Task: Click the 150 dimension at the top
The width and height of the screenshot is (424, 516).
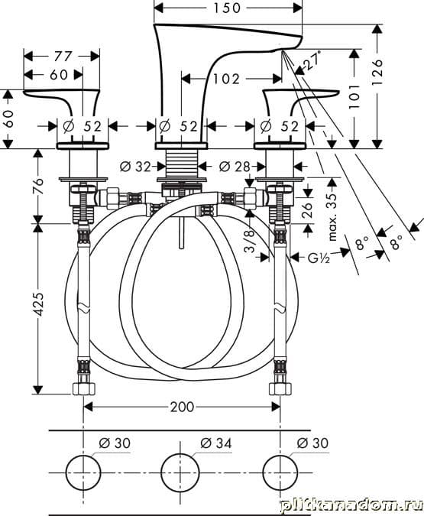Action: pyautogui.click(x=227, y=8)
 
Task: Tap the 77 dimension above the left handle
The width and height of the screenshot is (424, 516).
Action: pyautogui.click(x=63, y=57)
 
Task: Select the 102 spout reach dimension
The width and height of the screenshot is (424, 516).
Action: pyautogui.click(x=226, y=79)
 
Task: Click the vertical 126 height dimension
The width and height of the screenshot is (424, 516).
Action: pyautogui.click(x=377, y=72)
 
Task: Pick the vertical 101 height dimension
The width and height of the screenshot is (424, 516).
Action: pyautogui.click(x=354, y=96)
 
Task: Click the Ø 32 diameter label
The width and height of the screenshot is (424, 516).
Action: pyautogui.click(x=135, y=167)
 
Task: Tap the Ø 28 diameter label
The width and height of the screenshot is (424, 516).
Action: pyautogui.click(x=235, y=167)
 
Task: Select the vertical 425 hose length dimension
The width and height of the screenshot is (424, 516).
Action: pyautogui.click(x=39, y=304)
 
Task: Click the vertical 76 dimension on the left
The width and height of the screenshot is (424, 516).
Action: pyautogui.click(x=38, y=187)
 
